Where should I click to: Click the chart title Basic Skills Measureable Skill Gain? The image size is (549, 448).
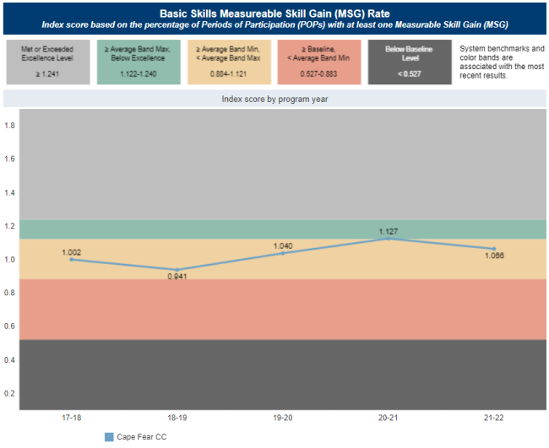[274, 13]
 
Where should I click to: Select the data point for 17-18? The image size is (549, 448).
[71, 259]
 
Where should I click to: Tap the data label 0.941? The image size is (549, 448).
[177, 277]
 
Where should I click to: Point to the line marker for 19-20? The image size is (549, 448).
[283, 253]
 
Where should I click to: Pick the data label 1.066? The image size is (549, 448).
[494, 256]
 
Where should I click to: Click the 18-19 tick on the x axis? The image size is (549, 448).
[177, 418]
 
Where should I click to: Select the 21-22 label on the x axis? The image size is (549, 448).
[494, 418]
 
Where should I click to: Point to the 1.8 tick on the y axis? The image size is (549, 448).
[10, 125]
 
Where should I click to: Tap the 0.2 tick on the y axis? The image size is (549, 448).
[10, 393]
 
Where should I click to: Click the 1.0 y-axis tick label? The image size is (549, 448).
[10, 259]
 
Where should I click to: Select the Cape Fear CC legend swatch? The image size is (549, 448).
[109, 437]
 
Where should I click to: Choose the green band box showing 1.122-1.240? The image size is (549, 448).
[135, 61]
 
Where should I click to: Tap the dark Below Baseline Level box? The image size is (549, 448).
[405, 61]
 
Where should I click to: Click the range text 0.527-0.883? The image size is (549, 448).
[315, 74]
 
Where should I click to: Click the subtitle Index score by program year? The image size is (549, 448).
[274, 99]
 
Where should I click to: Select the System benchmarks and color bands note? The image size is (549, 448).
[500, 62]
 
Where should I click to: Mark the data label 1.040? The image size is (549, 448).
[283, 246]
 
